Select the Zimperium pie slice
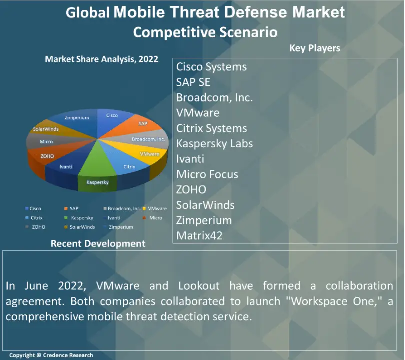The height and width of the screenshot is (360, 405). click(78, 118)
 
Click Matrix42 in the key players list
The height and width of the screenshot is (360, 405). click(199, 235)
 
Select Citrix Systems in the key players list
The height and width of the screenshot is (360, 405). click(211, 128)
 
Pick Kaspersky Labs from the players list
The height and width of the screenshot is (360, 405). click(214, 144)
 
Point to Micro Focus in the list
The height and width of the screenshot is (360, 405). click(207, 174)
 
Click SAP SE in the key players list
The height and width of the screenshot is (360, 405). click(193, 82)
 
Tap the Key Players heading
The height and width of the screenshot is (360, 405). click(314, 48)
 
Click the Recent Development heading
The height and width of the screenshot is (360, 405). click(98, 244)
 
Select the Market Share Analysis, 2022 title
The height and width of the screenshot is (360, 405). click(101, 59)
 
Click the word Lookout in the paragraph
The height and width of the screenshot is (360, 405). click(198, 286)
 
